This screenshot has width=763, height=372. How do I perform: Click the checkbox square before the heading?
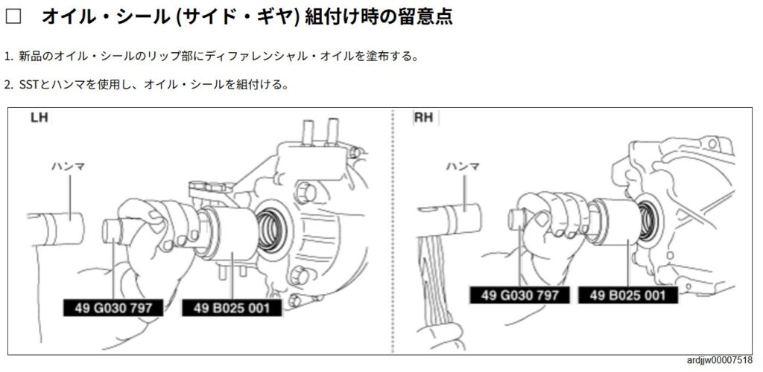point(13,17)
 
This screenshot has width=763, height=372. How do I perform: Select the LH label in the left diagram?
point(39,118)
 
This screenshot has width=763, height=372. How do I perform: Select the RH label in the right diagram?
point(423,118)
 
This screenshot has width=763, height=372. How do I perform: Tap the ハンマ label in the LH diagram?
point(69,167)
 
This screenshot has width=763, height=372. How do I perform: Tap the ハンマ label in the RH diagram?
point(463,167)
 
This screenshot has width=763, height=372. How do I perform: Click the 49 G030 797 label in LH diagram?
point(113,308)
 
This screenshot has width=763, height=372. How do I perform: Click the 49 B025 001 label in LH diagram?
point(232,308)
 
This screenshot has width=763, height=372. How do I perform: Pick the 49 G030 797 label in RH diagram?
point(519,295)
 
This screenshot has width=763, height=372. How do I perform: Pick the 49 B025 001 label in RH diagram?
point(627,295)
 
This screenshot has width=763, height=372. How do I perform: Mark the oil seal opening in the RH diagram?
point(647,220)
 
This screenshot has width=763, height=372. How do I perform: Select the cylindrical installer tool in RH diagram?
point(614,221)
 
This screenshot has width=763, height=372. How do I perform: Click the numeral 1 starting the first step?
point(7,57)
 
